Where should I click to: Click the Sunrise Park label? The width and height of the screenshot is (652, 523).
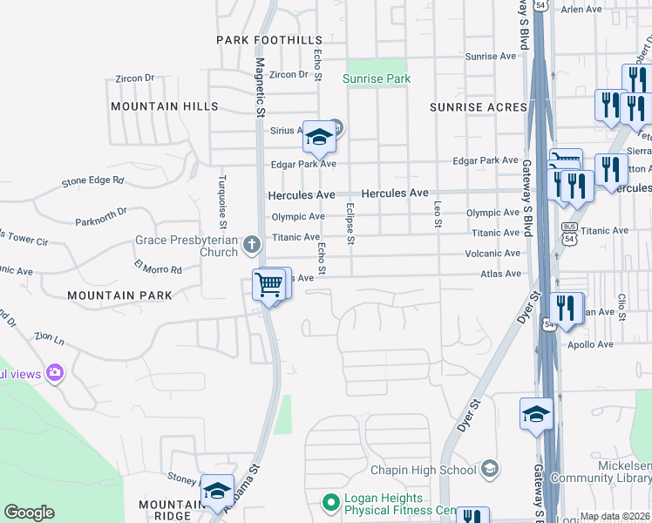[x=376, y=79]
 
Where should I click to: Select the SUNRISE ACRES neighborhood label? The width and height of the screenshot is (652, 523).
[x=479, y=106]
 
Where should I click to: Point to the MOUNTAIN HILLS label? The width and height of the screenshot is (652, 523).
[x=165, y=105]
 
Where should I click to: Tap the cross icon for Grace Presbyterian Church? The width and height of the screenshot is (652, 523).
[x=252, y=244]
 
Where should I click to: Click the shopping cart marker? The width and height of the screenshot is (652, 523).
[x=269, y=285]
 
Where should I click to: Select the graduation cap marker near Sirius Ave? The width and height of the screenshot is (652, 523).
[x=320, y=137]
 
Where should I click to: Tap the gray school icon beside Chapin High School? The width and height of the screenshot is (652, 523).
[x=490, y=470]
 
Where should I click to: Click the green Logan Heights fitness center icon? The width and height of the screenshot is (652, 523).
[x=330, y=503]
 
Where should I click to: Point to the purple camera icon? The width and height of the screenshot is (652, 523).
[x=56, y=373]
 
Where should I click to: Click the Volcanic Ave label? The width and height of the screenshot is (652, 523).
[x=493, y=255]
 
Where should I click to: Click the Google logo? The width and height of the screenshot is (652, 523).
[x=29, y=513]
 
